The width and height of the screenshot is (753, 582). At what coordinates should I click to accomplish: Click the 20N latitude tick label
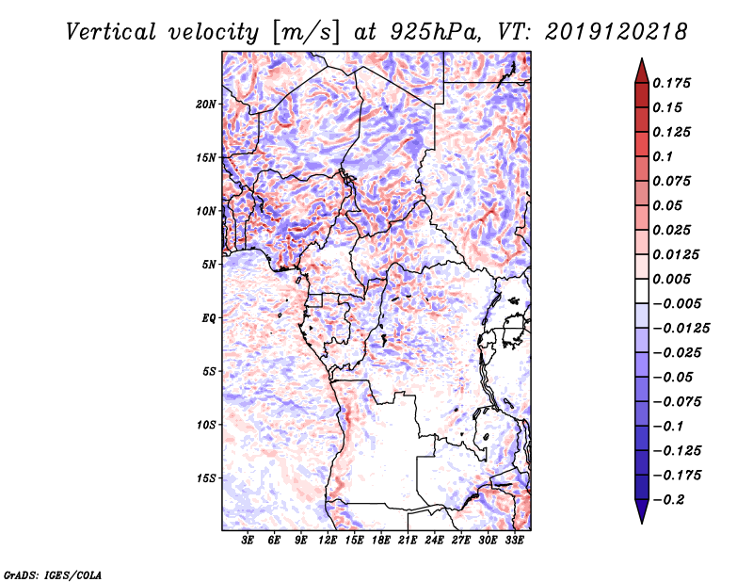[x=206, y=104]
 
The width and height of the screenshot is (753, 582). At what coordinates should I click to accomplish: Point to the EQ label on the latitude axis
[x=209, y=318]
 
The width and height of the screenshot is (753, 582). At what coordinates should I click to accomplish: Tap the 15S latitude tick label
[x=206, y=478]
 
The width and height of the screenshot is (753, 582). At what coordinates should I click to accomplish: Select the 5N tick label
[x=209, y=265]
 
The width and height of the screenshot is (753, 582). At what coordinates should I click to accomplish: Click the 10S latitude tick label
[x=206, y=425]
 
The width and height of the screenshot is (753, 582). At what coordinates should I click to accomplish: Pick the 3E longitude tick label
[x=248, y=542]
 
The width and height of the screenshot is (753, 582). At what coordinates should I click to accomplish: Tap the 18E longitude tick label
[x=381, y=542]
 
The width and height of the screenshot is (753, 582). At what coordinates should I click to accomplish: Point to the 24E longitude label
[x=435, y=542]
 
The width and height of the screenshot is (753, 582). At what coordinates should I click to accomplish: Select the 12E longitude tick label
[x=328, y=542]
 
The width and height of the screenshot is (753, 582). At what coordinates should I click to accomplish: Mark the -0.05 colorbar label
[x=675, y=377]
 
